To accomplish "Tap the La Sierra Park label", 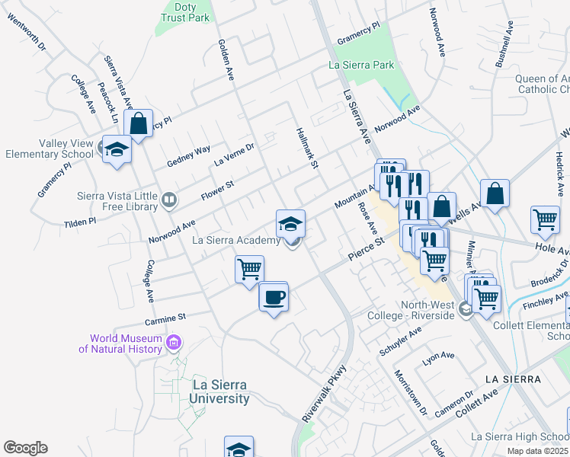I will pyautogui.click(x=361, y=66).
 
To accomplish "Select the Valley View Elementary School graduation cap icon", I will pyautogui.click(x=117, y=149).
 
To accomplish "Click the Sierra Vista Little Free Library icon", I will pyautogui.click(x=169, y=200).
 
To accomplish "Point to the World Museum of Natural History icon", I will pyautogui.click(x=175, y=344).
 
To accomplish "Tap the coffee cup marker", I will pyautogui.click(x=274, y=296).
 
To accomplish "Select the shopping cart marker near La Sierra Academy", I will pyautogui.click(x=249, y=269).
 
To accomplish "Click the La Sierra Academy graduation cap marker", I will pyautogui.click(x=290, y=223).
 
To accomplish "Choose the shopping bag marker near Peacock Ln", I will pyautogui.click(x=139, y=123).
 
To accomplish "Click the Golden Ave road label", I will pyautogui.click(x=226, y=60).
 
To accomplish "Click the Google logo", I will pyautogui.click(x=25, y=448).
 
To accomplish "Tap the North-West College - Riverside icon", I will pyautogui.click(x=463, y=311).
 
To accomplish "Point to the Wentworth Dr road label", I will pyautogui.click(x=27, y=33).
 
